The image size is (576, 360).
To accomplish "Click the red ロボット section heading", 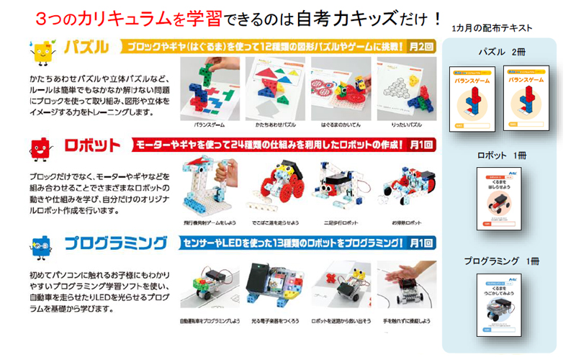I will [x=92, y=145].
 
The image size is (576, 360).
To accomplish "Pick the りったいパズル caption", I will [x=405, y=124].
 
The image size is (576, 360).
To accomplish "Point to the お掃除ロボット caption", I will [x=405, y=222].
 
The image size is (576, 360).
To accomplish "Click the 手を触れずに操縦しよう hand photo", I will [x=405, y=284].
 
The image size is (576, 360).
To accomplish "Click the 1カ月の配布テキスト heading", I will [x=493, y=27].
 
